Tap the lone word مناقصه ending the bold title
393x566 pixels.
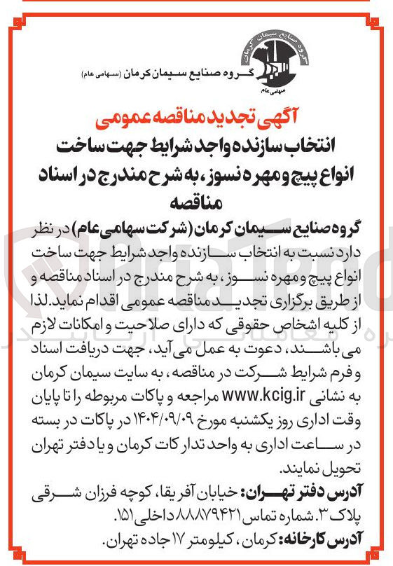(x=197, y=199)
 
